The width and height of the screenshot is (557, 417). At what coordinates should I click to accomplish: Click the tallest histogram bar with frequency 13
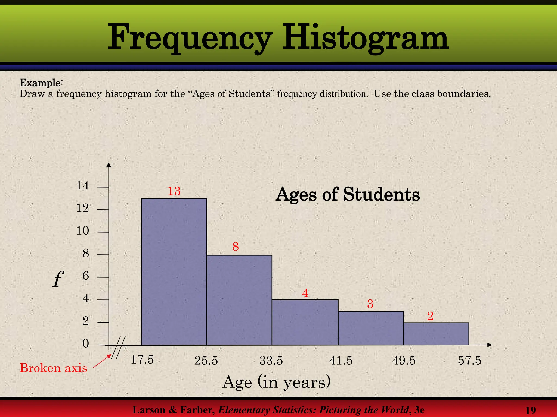[x=174, y=271]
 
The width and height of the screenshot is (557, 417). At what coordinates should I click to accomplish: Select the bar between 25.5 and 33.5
[x=239, y=300]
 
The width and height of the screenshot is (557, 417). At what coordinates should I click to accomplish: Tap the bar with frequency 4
[x=305, y=322]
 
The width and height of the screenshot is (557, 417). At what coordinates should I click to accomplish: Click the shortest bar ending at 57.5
[x=436, y=334]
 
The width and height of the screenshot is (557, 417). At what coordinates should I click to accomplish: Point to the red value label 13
[x=174, y=191]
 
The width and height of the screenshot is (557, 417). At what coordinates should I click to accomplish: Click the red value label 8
[x=236, y=247]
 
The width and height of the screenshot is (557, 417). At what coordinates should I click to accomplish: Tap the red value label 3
[x=370, y=304]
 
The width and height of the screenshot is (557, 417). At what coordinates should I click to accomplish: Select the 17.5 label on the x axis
[x=142, y=360]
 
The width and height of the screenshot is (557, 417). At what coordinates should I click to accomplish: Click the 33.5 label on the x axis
[x=271, y=361]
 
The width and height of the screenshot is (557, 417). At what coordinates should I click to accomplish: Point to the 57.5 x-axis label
[x=470, y=361]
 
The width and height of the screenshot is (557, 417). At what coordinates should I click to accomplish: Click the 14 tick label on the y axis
[x=82, y=186]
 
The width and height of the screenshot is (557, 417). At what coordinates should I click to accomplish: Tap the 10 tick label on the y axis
[x=82, y=231]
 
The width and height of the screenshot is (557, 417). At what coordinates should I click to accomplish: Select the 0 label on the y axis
[x=86, y=344]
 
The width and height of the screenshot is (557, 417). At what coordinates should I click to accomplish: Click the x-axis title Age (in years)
[x=277, y=382]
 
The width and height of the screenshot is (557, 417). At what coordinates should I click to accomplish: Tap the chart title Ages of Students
[x=348, y=195]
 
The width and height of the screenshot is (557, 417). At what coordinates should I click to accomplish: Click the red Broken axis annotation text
[x=54, y=368]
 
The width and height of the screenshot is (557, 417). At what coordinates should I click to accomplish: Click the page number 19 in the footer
[x=531, y=410]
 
